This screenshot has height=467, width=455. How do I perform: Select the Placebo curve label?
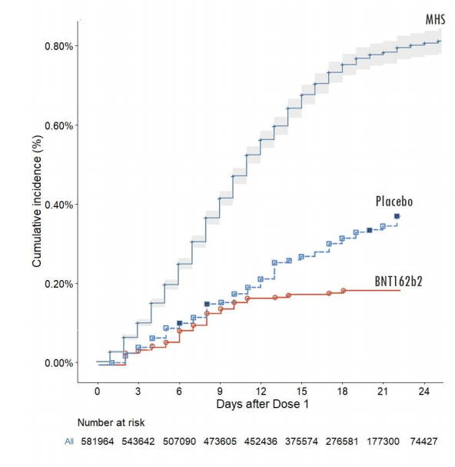(394, 202)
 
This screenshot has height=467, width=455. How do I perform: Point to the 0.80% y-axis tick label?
(57, 46)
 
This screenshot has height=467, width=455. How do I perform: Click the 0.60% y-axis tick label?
(57, 125)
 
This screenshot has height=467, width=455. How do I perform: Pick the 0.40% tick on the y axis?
(57, 205)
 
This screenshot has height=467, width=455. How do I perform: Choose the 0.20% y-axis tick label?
(57, 284)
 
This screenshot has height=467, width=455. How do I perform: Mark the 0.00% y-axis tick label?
(57, 363)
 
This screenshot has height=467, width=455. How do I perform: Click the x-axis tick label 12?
(261, 391)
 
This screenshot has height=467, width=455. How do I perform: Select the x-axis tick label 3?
(138, 391)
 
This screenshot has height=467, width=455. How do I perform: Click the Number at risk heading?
(111, 423)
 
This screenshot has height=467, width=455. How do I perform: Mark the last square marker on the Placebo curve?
(397, 216)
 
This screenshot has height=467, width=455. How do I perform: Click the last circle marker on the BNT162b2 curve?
(344, 291)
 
